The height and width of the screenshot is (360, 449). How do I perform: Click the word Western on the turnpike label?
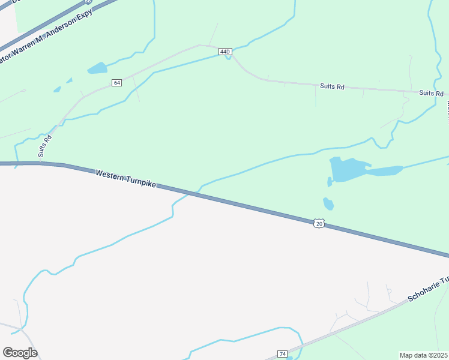109,175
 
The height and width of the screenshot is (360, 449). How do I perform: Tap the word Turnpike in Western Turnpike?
140,182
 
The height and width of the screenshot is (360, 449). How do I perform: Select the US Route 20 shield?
319,223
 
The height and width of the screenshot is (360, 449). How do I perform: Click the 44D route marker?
225,52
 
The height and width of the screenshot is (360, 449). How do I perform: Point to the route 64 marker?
117,82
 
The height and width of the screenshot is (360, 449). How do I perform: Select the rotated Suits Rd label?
45,146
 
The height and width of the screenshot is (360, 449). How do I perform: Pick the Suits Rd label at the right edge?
431,93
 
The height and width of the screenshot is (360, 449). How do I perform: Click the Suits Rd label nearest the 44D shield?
332,87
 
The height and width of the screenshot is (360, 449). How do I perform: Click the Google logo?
20,352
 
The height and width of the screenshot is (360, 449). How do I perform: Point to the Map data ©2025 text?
424,355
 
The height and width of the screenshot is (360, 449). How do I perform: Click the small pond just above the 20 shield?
328,203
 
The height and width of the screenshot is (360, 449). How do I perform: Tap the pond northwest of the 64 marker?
97,68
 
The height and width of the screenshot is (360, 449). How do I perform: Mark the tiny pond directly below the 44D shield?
228,58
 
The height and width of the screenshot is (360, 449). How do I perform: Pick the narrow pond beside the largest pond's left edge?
330,181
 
